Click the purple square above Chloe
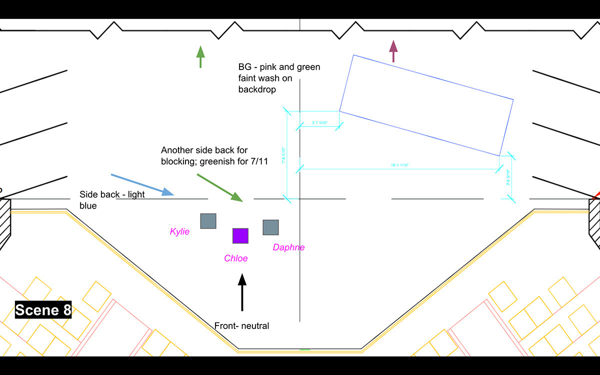(240, 236)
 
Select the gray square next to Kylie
(208, 221)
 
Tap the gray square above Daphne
(270, 227)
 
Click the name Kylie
(179, 231)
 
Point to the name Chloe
(235, 258)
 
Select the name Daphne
(288, 247)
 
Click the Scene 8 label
(43, 310)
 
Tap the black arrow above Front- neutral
(242, 292)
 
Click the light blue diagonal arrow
(142, 184)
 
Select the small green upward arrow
(200, 56)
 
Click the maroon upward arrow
(393, 51)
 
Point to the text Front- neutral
(241, 326)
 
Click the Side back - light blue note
(112, 199)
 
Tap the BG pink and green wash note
(279, 78)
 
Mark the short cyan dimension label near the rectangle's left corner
(319, 122)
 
